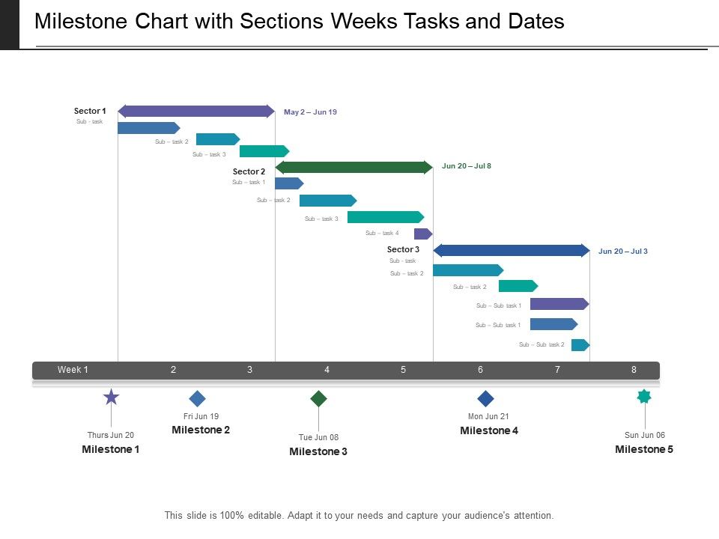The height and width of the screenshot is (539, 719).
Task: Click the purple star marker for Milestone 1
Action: coord(111,398)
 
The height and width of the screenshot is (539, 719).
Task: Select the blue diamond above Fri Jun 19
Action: coord(197,398)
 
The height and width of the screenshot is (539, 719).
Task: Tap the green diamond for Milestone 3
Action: coord(319,398)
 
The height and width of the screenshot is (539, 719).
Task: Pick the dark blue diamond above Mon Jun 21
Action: coord(486,398)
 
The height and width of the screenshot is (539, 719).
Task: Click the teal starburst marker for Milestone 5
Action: coord(644,397)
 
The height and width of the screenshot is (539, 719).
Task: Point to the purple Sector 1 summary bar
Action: coord(196,112)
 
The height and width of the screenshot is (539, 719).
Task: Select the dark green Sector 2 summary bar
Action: coord(354,167)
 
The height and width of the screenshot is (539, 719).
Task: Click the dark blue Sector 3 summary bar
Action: coord(512,250)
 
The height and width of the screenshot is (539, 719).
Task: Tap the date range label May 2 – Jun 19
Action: coord(310,112)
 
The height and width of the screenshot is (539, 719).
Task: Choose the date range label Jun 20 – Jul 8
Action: coord(467,166)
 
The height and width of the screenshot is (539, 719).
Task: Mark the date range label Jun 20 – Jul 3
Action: coord(623,252)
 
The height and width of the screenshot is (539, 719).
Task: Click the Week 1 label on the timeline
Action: coord(73,370)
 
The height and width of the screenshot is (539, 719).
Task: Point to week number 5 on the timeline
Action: coord(403,370)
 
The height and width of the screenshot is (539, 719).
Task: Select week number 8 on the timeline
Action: coord(634,370)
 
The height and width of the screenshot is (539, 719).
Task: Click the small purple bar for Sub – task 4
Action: coord(422,234)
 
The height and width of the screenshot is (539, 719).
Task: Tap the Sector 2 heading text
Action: coord(249,171)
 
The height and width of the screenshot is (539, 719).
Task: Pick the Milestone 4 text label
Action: coord(489,430)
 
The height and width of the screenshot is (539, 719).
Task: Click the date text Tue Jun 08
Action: coord(318,438)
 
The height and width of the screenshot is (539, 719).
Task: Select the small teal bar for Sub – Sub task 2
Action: coord(580,345)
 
